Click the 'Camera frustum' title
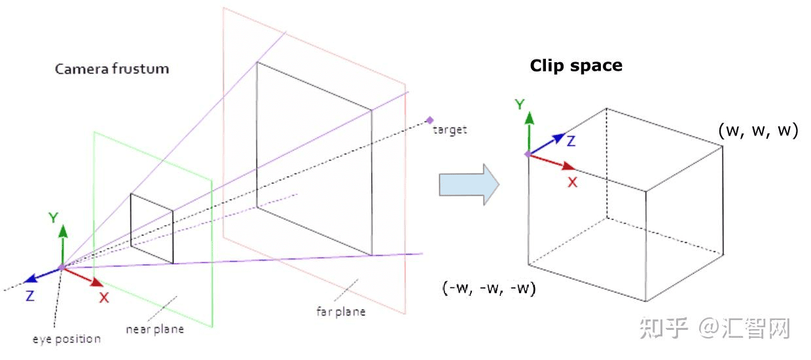(111, 69)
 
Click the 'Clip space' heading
(576, 65)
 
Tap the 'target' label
(450, 130)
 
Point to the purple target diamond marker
(429, 120)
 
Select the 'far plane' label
(340, 311)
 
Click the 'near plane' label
(154, 329)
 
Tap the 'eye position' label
(67, 339)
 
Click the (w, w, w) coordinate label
(758, 130)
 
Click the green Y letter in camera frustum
(53, 218)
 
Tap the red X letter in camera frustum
(103, 297)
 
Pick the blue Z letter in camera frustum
(30, 295)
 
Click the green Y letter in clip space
(520, 104)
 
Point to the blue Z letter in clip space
(571, 141)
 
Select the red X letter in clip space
(572, 183)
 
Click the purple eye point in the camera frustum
(62, 267)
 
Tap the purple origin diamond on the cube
(528, 154)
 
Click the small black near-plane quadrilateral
(152, 228)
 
